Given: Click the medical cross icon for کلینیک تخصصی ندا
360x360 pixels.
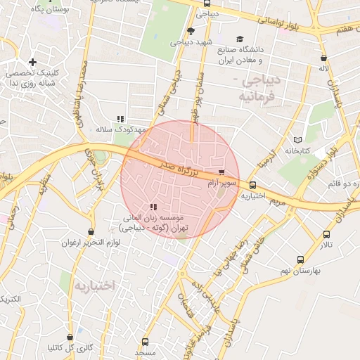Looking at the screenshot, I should (x=33, y=63).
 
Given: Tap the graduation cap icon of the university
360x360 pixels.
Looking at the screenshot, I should (x=240, y=39).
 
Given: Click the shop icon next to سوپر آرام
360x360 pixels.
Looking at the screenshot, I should (x=222, y=172).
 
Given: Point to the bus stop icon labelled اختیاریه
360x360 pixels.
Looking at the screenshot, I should (x=252, y=185).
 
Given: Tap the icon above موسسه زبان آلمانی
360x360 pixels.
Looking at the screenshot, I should (x=153, y=207).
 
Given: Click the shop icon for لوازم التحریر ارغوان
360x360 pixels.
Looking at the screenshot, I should (x=91, y=232).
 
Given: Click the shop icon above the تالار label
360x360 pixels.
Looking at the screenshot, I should (x=326, y=233).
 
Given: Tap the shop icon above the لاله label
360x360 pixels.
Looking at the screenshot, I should (x=323, y=58).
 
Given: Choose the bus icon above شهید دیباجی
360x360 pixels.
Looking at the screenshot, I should (x=191, y=30).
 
